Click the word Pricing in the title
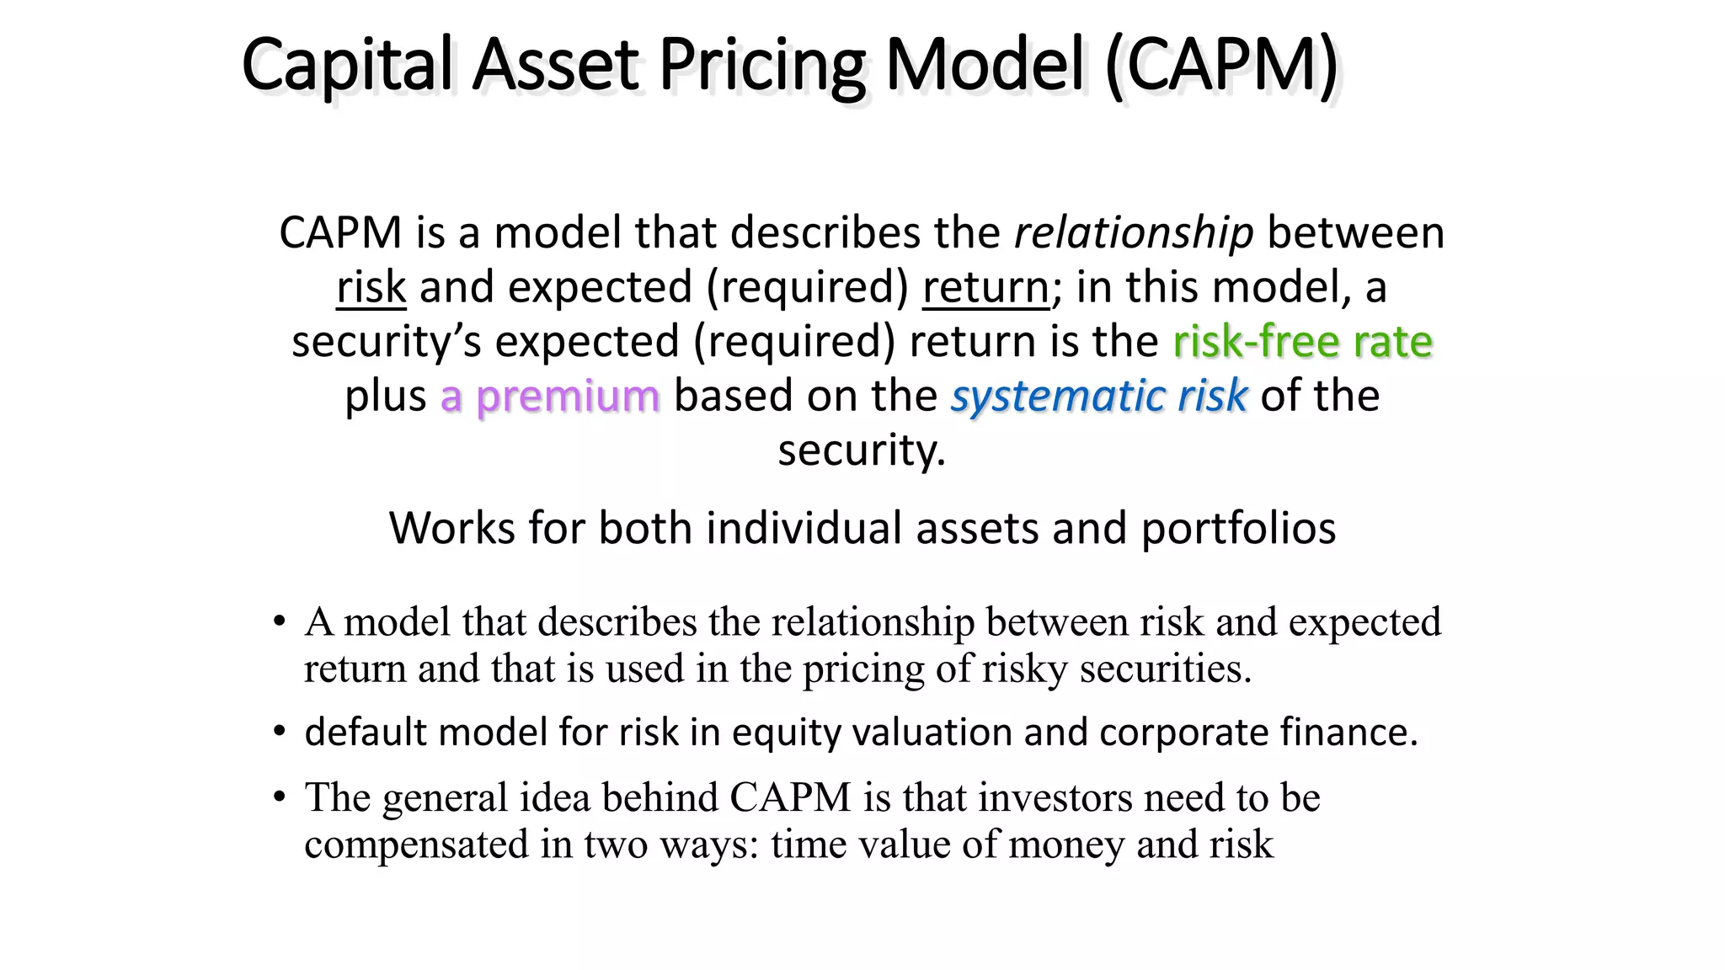point(761,66)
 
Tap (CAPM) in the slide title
point(1221,66)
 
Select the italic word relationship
point(1134,233)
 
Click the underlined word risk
point(371,287)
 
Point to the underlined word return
point(985,287)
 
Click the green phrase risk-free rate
point(1302,342)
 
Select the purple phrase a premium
point(550,396)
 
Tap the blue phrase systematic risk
point(1098,396)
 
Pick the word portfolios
point(1238,529)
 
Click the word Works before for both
point(451,529)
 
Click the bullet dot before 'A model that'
point(279,623)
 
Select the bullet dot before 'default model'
point(279,732)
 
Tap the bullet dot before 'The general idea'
point(279,797)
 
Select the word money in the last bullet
point(1065,844)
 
